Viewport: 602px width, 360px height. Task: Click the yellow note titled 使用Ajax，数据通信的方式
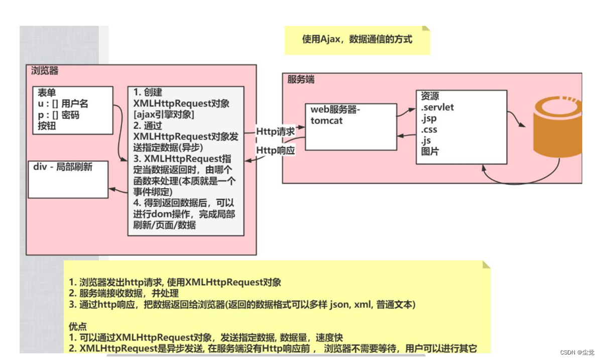click(357, 40)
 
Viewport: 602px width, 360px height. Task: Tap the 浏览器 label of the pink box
click(45, 71)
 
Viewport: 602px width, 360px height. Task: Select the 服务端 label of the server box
click(301, 79)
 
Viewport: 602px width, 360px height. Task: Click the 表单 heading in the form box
click(47, 93)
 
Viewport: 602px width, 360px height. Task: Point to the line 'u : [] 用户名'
click(63, 104)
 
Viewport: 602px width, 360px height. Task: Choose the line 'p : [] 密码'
click(59, 115)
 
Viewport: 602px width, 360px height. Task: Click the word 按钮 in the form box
click(47, 126)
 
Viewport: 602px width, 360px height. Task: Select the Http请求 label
click(276, 132)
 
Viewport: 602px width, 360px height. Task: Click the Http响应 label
click(276, 150)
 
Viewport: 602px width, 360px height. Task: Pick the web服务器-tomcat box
click(350, 127)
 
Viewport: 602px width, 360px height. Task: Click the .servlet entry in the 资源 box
click(437, 107)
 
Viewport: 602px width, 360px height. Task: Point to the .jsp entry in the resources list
click(430, 118)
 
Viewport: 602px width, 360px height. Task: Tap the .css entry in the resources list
click(430, 130)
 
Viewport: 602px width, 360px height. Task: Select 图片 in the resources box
click(430, 152)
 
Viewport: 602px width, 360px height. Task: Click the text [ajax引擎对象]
click(164, 114)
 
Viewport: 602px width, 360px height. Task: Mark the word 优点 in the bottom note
click(78, 326)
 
